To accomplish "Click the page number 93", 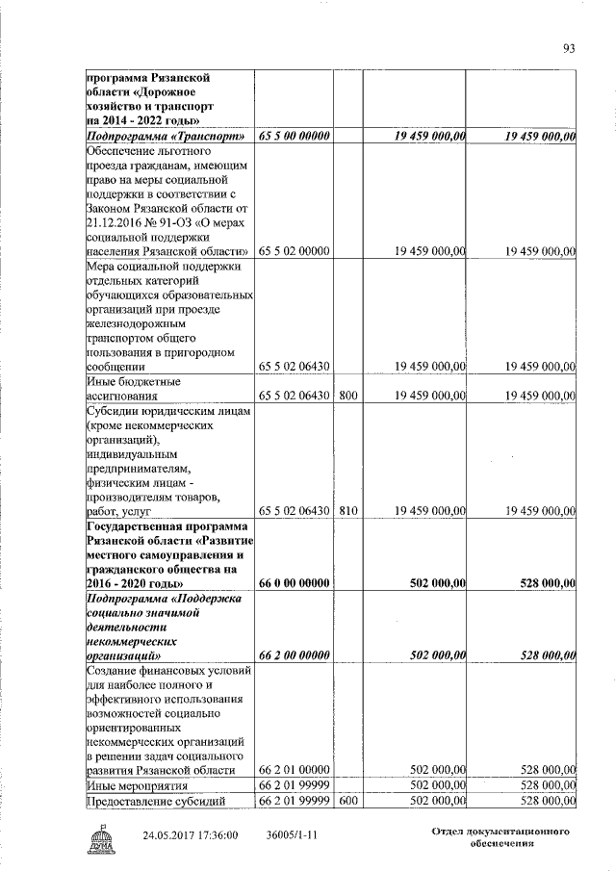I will pos(569,49).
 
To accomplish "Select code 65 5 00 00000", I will pos(295,139).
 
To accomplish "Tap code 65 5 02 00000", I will pos(295,251).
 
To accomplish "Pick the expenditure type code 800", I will pos(347,396).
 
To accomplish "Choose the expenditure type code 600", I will pos(347,801).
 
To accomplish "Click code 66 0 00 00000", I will pos(295,583).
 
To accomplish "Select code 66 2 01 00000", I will pos(295,770).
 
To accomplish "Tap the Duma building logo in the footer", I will pos(100,839).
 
